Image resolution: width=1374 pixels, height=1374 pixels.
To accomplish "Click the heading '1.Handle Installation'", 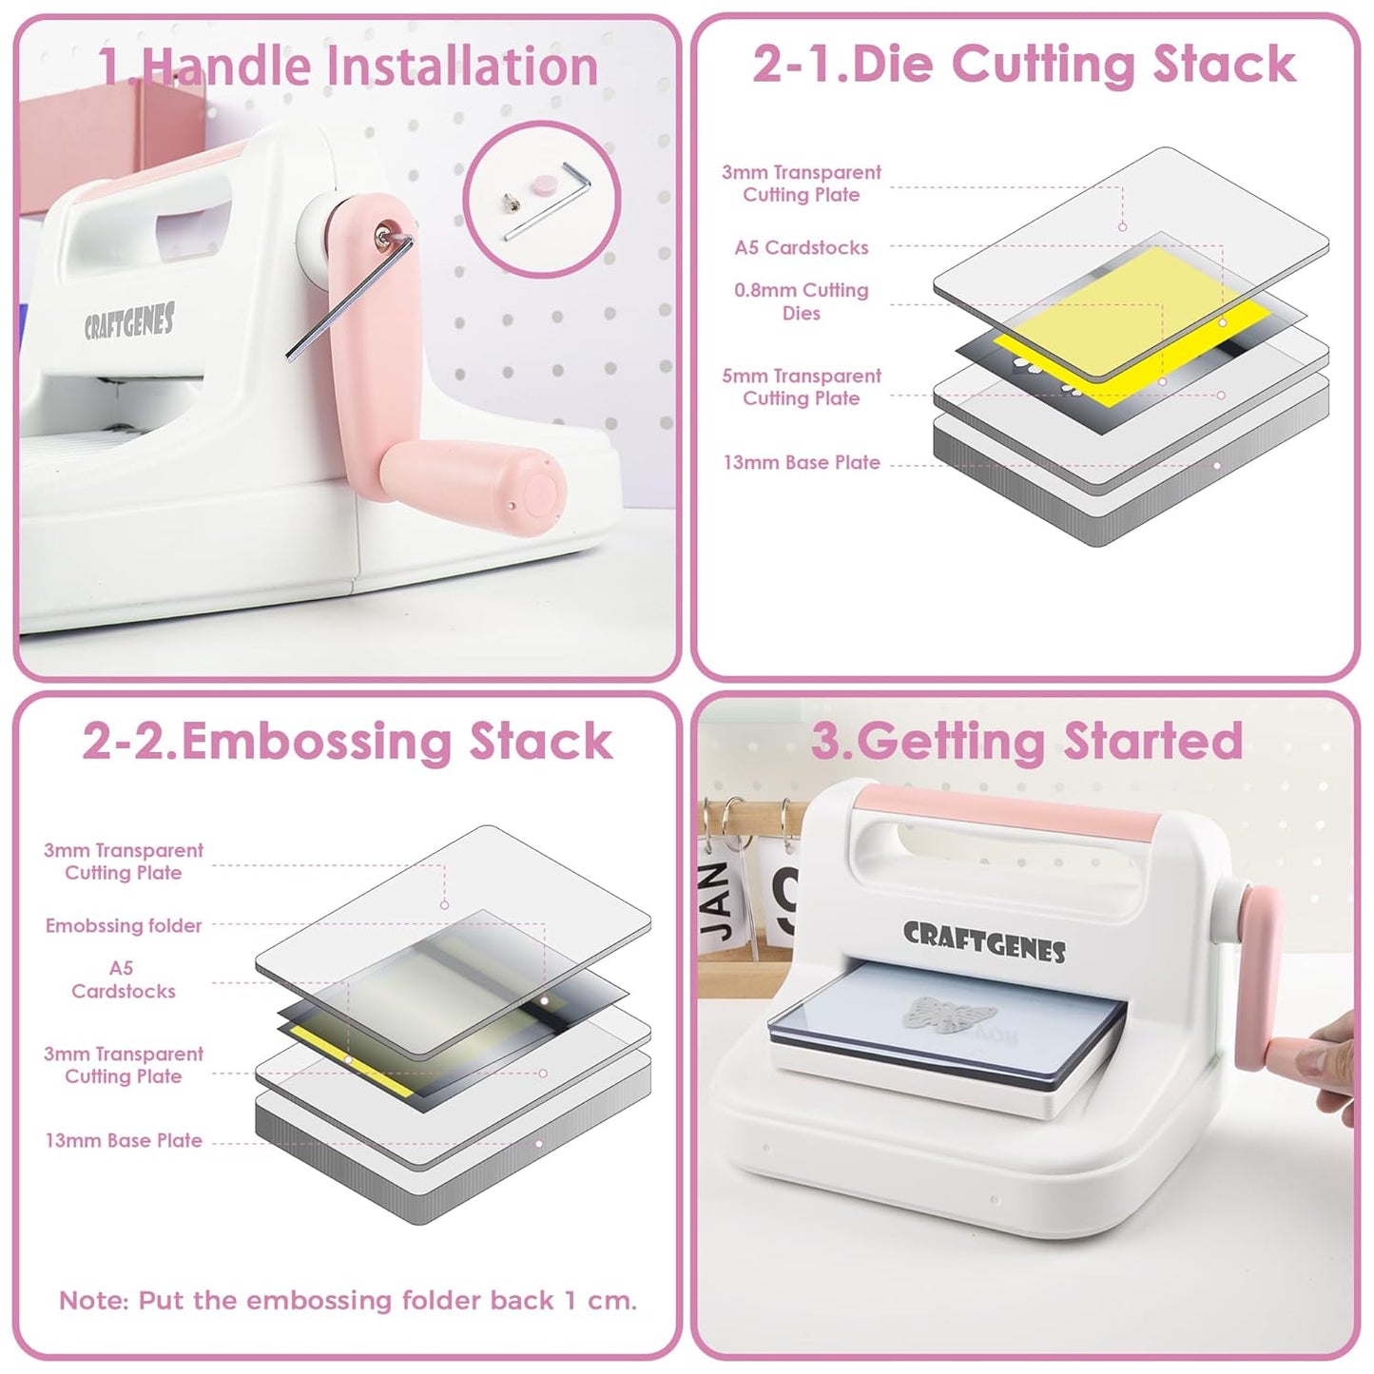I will pyautogui.click(x=348, y=66).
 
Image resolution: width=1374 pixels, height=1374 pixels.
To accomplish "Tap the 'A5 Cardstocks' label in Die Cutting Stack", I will pyautogui.click(x=801, y=247).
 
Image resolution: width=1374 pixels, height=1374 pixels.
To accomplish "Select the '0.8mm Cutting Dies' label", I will pyautogui.click(x=801, y=301).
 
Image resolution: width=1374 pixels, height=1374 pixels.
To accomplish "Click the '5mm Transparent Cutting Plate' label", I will pyautogui.click(x=801, y=387).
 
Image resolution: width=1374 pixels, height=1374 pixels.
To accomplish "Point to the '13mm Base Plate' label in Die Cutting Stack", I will pyautogui.click(x=801, y=463).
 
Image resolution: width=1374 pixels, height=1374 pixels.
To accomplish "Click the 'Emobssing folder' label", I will pyautogui.click(x=124, y=925).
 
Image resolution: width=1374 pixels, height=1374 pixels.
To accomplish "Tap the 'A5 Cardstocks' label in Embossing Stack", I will pyautogui.click(x=123, y=979).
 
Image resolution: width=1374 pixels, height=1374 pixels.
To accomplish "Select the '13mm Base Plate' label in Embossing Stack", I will pyautogui.click(x=124, y=1140).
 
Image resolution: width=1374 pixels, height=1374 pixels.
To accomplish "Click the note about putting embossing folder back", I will pyautogui.click(x=347, y=1300).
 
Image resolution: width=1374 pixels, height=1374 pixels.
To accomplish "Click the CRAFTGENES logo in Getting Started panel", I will pyautogui.click(x=983, y=940).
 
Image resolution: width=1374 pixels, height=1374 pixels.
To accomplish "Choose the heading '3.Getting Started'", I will pyautogui.click(x=1026, y=741).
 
